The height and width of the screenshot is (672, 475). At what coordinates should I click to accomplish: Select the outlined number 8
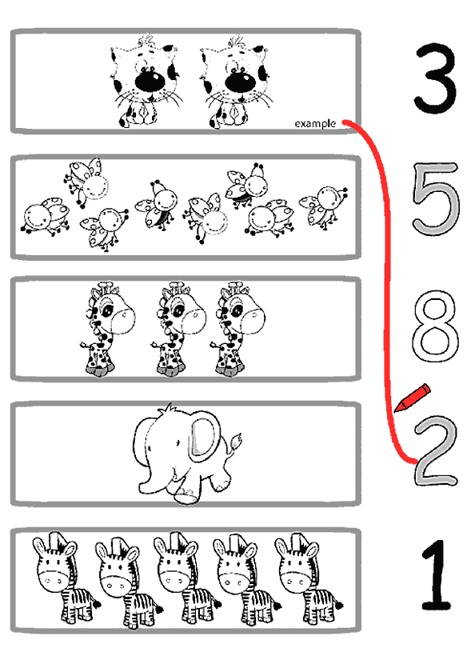coord(435,326)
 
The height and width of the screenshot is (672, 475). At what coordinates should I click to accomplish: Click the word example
coord(315,124)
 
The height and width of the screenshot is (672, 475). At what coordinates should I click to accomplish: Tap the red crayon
coord(413,398)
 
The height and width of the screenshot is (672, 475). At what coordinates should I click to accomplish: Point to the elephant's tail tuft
coord(235,441)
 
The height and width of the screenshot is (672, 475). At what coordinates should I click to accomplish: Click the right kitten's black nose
coord(240,81)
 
